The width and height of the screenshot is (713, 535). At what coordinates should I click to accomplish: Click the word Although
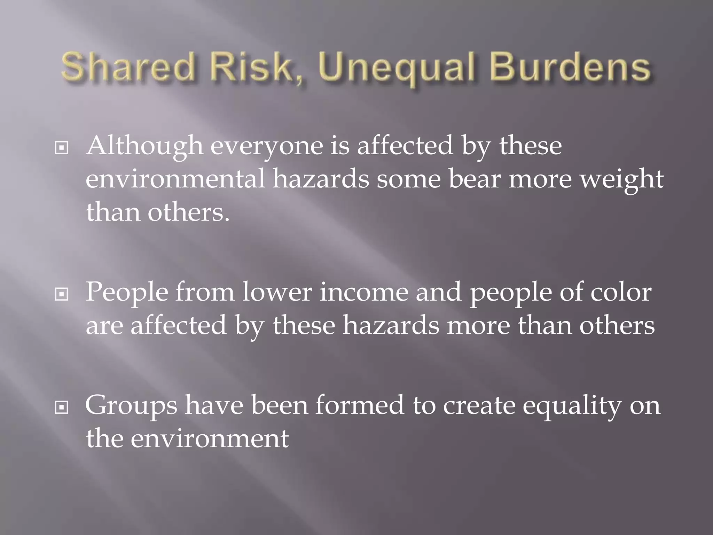(145, 146)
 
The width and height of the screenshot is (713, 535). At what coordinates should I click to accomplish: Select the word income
(364, 293)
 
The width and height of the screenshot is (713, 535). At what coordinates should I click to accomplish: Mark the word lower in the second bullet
(277, 293)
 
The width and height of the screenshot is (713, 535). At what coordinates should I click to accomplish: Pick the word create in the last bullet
(479, 405)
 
